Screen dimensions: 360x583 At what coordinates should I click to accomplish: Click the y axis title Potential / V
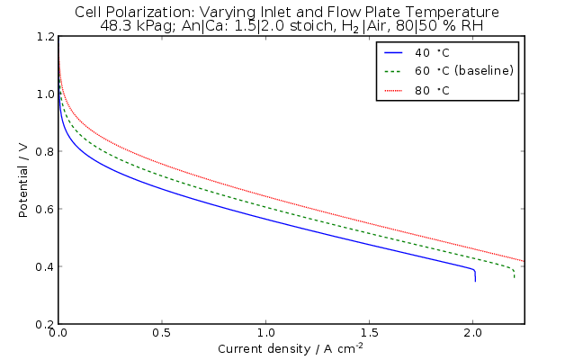coord(23,180)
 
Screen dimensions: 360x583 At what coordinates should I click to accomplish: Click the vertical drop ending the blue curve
coord(475,274)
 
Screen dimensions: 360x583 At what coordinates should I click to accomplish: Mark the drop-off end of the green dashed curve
coord(514,273)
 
